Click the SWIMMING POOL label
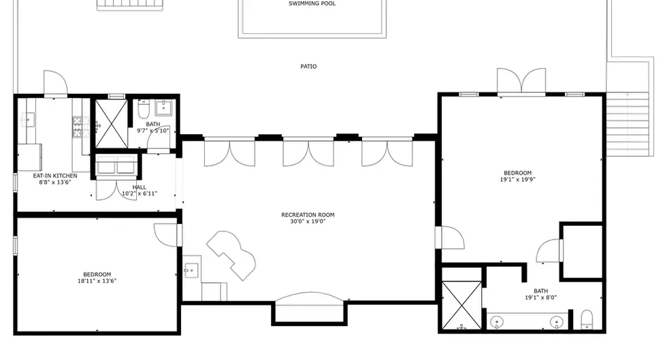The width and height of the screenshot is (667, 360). click(x=312, y=3)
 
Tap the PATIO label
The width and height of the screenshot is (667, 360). click(x=308, y=67)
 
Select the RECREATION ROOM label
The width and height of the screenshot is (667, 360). click(x=308, y=215)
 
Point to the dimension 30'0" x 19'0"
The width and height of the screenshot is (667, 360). click(x=308, y=221)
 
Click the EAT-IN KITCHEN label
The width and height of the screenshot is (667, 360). click(x=55, y=176)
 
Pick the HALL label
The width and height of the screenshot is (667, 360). click(x=139, y=187)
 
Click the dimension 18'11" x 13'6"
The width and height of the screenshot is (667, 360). click(x=97, y=281)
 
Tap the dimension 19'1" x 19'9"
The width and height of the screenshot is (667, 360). click(x=518, y=180)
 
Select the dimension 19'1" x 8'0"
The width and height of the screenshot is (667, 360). click(x=540, y=297)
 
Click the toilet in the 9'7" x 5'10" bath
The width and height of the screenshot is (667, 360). click(x=144, y=110)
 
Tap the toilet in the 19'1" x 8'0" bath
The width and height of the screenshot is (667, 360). click(x=587, y=320)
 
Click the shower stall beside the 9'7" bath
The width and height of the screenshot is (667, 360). click(x=111, y=124)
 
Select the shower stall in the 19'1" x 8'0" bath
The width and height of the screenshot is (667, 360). click(x=461, y=305)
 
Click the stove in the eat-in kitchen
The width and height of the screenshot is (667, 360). click(x=78, y=127)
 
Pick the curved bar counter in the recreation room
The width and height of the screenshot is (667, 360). click(x=231, y=255)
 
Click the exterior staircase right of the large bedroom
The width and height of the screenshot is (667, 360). click(x=628, y=124)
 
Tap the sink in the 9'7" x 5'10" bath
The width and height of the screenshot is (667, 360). click(x=163, y=108)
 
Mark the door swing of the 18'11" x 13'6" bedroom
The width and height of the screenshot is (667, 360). click(x=165, y=235)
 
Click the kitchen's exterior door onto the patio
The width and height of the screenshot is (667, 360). click(x=55, y=84)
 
